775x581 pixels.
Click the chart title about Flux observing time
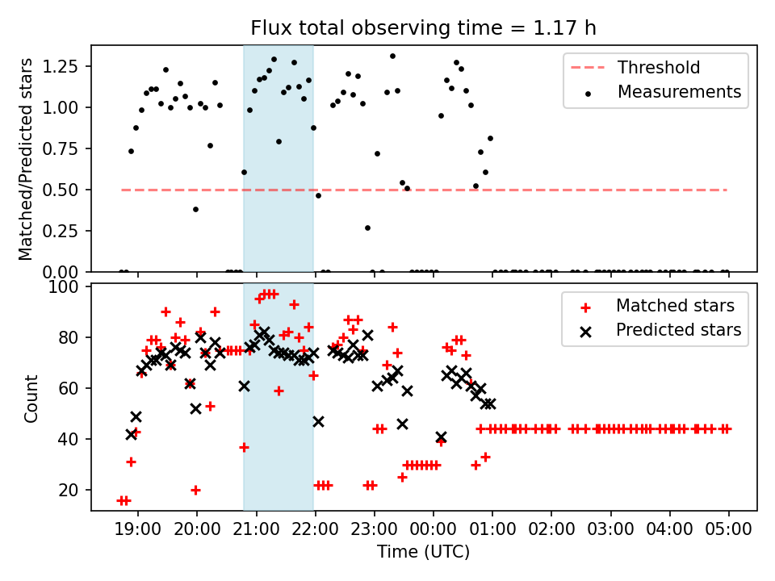(424, 29)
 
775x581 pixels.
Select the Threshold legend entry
(659, 68)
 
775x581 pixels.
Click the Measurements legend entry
(679, 92)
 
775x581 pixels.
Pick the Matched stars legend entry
(675, 306)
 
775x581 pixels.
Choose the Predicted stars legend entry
(678, 330)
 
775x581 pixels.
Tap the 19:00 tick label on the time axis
(138, 531)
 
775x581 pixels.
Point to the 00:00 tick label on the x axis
(434, 531)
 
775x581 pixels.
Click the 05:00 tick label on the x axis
(729, 531)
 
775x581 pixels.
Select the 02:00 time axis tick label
(551, 531)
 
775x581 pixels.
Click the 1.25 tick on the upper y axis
(62, 65)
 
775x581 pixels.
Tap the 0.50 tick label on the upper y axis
(62, 190)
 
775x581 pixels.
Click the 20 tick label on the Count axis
(72, 490)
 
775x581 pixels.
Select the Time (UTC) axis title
(424, 553)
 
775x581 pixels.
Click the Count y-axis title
(31, 397)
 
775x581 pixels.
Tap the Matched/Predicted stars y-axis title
(26, 159)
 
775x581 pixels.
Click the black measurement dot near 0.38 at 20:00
(195, 209)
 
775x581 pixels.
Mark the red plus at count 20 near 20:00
(195, 490)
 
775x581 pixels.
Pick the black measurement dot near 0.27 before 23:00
(367, 228)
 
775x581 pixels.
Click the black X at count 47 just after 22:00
(318, 421)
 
